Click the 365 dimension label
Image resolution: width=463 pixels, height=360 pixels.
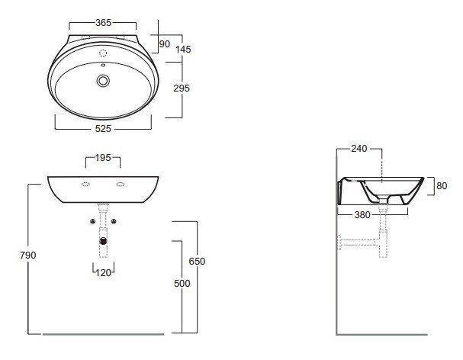[103, 22]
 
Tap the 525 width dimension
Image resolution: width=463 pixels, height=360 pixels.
[103, 128]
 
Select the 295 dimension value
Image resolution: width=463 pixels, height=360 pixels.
[182, 88]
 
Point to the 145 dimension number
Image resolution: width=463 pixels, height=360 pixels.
[183, 49]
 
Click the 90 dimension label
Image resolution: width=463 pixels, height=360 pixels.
[165, 43]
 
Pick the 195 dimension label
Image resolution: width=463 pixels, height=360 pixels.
[103, 158]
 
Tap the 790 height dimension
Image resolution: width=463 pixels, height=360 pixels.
[28, 255]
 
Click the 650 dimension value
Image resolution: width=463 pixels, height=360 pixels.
[197, 261]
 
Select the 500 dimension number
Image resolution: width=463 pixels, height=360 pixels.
[182, 283]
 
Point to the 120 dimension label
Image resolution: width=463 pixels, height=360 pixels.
[103, 272]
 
